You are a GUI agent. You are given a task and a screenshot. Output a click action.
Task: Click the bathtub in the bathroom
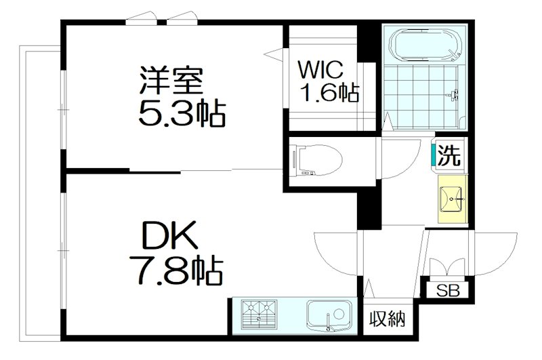point(424,47)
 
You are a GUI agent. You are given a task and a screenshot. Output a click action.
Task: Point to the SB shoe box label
point(446,292)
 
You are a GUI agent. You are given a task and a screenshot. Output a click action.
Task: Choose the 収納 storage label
point(388,318)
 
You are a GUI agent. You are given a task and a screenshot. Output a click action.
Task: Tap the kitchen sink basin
point(328,315)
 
